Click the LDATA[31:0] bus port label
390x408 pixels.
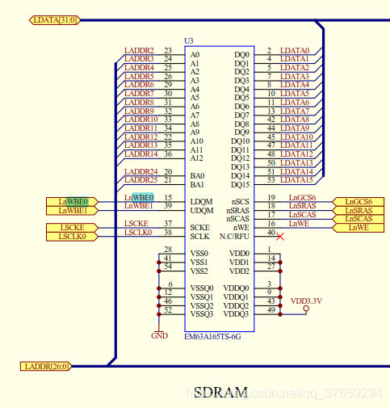55,20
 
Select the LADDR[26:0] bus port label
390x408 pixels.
46,366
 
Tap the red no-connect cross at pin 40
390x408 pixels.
280,237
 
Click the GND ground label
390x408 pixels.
159,336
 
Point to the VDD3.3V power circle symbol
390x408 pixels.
306,309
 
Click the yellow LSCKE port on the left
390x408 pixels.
73,228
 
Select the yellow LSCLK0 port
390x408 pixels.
73,237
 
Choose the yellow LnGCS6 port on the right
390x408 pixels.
359,202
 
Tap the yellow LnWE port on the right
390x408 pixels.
359,228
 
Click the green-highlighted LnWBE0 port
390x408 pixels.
73,202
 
